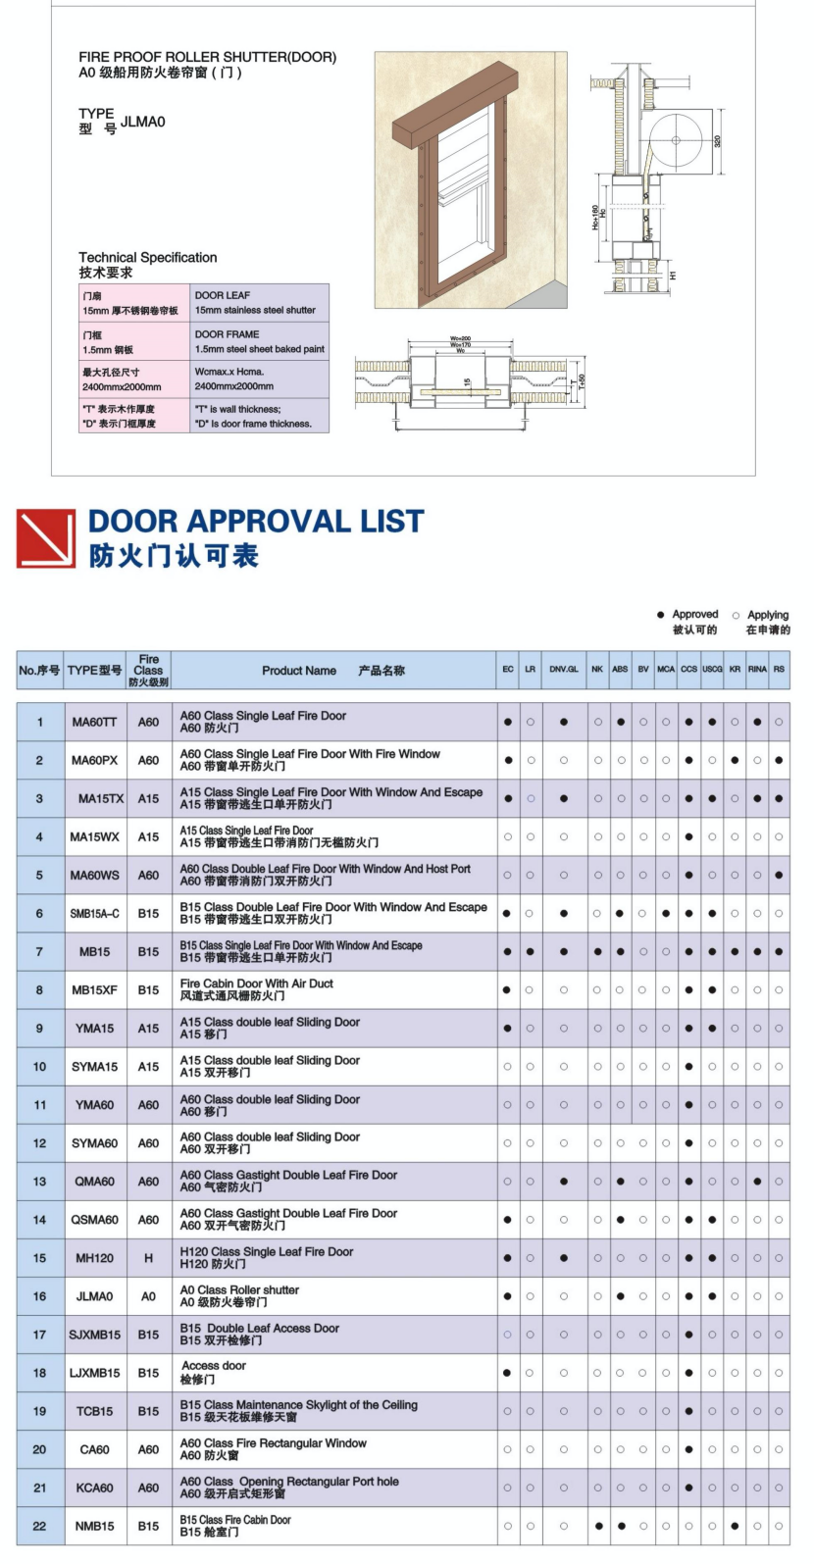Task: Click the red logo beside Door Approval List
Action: click(46, 537)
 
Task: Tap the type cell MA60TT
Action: click(94, 722)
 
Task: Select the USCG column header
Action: click(712, 670)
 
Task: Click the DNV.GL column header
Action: click(564, 670)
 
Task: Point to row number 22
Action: click(39, 1526)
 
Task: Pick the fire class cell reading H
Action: click(148, 1258)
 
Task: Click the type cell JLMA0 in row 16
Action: click(94, 1296)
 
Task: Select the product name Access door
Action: click(214, 1366)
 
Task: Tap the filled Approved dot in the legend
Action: click(661, 615)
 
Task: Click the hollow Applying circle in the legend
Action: click(736, 615)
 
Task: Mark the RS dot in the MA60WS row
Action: click(779, 875)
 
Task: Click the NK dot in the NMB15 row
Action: click(597, 1526)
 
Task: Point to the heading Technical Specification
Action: click(148, 257)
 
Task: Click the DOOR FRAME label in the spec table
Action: click(227, 334)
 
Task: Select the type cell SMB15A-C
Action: click(94, 913)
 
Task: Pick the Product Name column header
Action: click(299, 671)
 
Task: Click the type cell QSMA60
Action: click(94, 1220)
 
